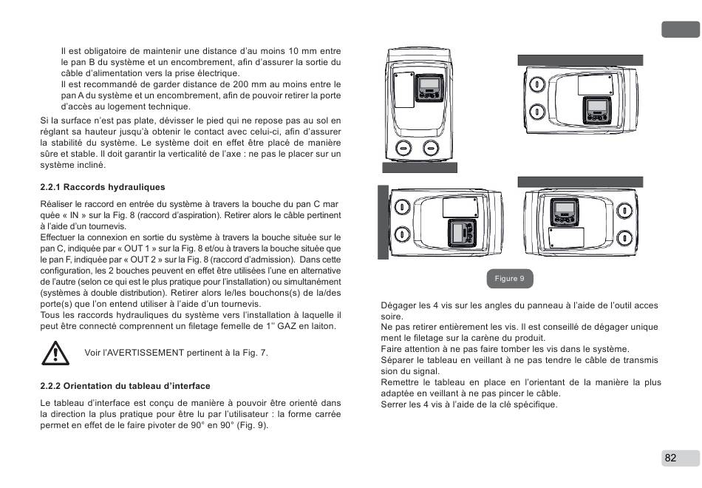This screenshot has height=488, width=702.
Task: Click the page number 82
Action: coord(670,458)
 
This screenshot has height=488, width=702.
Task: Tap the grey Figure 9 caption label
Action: coord(509,279)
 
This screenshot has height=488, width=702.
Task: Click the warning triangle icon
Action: coord(55,353)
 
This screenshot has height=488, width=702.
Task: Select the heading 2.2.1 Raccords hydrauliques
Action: coord(102,187)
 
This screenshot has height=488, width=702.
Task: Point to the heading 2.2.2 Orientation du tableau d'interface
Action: coord(125,386)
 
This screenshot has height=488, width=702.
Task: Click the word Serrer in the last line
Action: coord(393,404)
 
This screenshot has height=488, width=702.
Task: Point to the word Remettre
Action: coord(400,382)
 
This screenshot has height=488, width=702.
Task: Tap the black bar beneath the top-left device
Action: coord(420,167)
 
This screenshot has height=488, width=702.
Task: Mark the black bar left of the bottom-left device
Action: coord(383,222)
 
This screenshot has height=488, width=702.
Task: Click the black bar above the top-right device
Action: coord(580,60)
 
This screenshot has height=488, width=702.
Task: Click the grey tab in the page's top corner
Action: coord(679,30)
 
